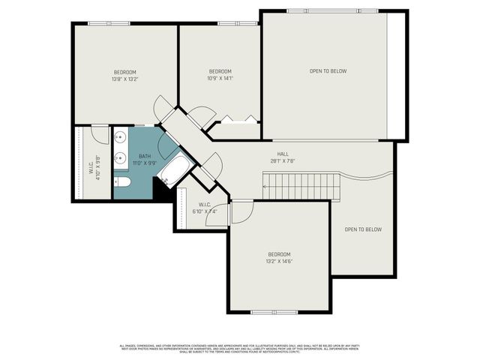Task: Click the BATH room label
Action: click(144, 156)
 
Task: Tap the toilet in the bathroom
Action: click(122, 182)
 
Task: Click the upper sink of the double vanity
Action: click(120, 138)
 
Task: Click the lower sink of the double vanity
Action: click(120, 158)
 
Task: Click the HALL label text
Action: click(283, 154)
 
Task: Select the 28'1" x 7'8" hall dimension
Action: click(283, 160)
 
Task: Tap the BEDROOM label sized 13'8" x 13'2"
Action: click(125, 72)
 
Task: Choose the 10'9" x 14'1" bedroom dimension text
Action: click(220, 78)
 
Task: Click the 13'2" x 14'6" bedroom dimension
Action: click(279, 262)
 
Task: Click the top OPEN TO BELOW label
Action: click(328, 71)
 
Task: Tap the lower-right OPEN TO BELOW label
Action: click(363, 229)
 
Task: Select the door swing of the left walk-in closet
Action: click(100, 133)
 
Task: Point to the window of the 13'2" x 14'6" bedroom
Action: click(274, 312)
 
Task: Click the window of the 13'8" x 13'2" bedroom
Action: click(109, 23)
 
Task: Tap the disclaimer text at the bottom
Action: click(240, 348)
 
